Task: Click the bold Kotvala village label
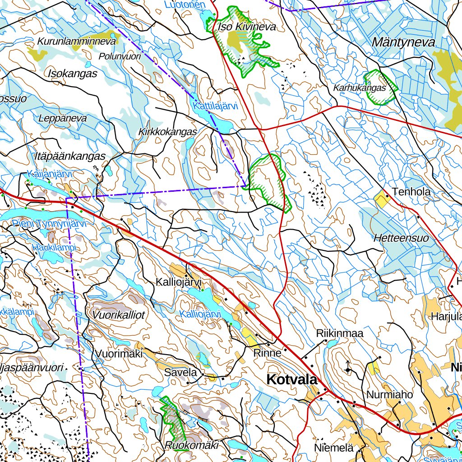click(x=292, y=379)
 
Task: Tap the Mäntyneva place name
click(x=403, y=43)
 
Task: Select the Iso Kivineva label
click(x=246, y=27)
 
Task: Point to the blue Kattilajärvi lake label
click(x=215, y=106)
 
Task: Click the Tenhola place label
click(x=411, y=192)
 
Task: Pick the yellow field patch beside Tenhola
click(x=382, y=198)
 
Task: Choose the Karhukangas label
click(x=360, y=88)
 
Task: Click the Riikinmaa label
click(x=340, y=334)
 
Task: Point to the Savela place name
click(x=180, y=373)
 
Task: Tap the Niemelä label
click(x=333, y=448)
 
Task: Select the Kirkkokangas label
click(x=168, y=132)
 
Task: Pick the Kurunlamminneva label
click(x=77, y=41)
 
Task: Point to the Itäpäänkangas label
click(x=69, y=156)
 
